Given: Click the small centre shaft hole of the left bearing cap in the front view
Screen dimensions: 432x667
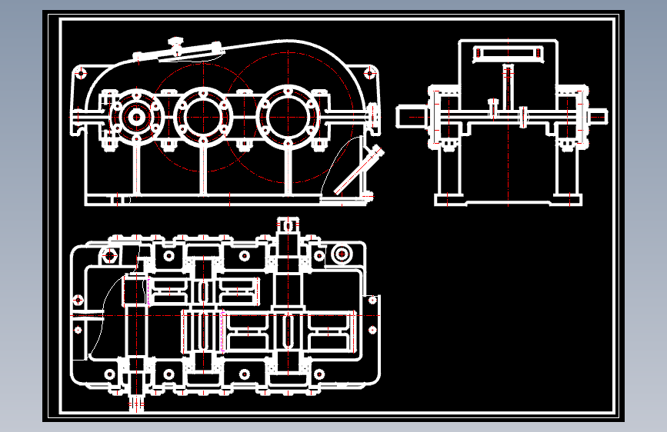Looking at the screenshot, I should point(136,117).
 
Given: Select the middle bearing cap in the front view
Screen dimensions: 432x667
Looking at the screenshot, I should point(203,116).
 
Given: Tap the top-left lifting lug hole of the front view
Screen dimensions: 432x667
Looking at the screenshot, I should point(79,74).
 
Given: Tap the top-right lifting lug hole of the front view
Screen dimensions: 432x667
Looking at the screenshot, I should point(370,73).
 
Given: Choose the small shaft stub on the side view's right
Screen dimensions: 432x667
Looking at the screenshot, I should point(599,115).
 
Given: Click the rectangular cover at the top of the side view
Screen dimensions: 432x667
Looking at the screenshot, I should point(508,55).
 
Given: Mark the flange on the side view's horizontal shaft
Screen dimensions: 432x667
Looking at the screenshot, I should point(524,116).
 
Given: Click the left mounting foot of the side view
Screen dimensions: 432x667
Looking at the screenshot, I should point(449,199).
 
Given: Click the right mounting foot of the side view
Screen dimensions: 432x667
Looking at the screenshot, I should point(568,199).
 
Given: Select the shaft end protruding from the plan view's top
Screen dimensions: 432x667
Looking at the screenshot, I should point(288,224).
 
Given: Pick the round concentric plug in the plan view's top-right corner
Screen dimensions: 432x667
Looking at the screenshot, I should point(341,254).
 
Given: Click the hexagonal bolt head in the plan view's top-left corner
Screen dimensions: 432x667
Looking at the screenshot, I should point(110,254).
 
